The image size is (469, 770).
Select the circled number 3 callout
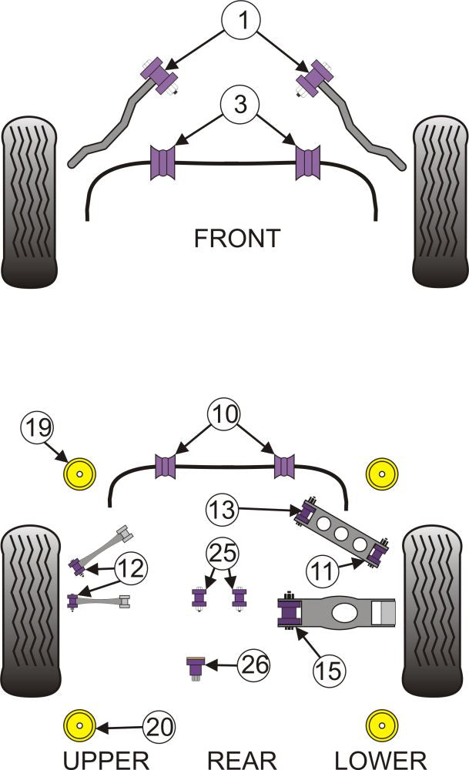(x=241, y=104)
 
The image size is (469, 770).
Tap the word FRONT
(x=236, y=238)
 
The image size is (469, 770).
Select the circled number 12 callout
(x=131, y=570)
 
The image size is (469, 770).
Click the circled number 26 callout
(x=253, y=664)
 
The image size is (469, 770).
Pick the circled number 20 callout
(x=159, y=725)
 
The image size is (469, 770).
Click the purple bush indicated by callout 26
(x=196, y=665)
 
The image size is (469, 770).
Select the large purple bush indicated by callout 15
(x=292, y=613)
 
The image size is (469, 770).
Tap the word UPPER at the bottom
(x=105, y=758)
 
